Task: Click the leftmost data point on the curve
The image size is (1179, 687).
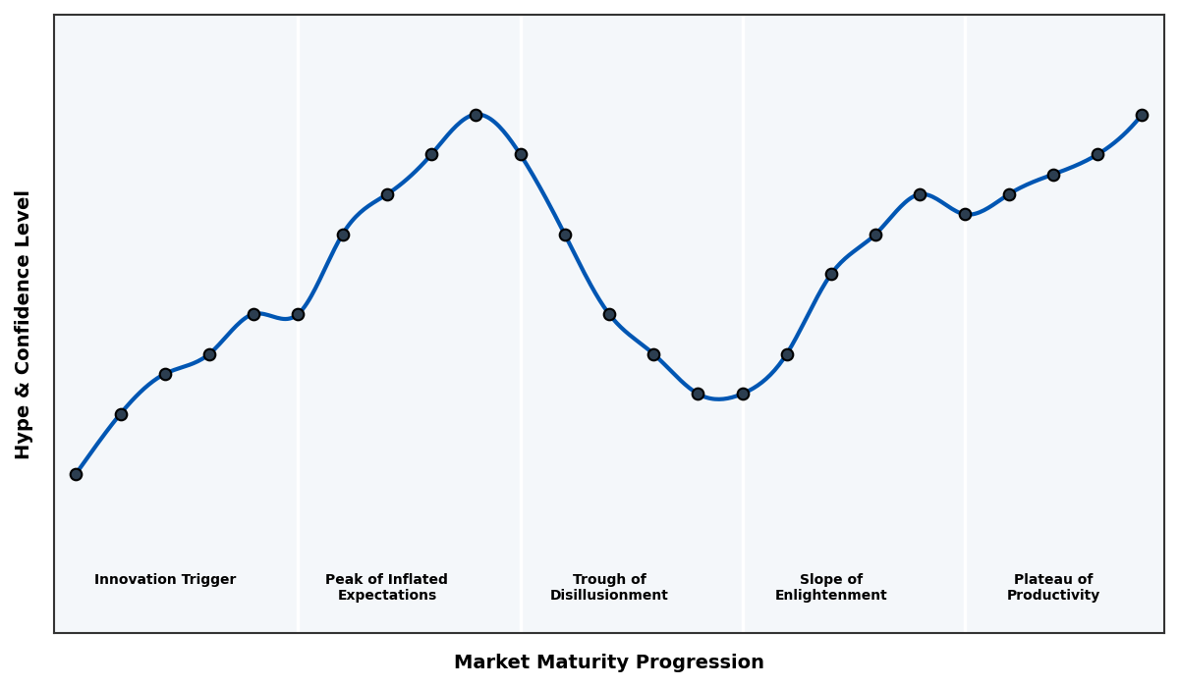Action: [x=76, y=474]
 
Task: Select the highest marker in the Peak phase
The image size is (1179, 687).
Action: [x=476, y=115]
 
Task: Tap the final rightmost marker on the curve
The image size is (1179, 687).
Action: [x=1142, y=115]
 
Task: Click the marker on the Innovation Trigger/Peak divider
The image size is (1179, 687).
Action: [x=298, y=314]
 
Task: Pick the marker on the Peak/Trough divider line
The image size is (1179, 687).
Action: [x=521, y=154]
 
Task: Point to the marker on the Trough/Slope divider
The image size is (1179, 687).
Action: [x=743, y=394]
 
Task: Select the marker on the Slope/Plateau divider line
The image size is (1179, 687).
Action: [x=965, y=214]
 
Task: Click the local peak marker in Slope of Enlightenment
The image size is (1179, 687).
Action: [x=920, y=194]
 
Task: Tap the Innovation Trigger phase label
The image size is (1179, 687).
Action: [x=165, y=580]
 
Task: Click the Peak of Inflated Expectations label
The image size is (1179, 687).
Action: [x=386, y=587]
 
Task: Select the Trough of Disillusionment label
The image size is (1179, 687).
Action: [x=609, y=587]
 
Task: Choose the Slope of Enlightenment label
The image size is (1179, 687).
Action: [x=831, y=587]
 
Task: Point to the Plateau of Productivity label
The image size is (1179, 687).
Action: [x=1053, y=587]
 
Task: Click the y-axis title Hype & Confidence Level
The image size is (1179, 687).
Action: [x=24, y=324]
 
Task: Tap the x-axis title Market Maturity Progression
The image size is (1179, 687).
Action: [x=609, y=662]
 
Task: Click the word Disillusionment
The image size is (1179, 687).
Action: [x=609, y=596]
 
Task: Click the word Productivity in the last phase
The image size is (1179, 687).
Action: [x=1053, y=596]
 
